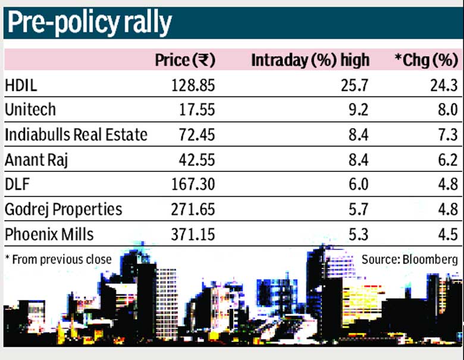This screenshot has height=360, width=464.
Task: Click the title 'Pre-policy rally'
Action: [x=89, y=24]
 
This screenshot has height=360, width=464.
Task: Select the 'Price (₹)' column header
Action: [x=185, y=60]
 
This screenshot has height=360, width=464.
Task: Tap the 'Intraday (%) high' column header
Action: [x=310, y=60]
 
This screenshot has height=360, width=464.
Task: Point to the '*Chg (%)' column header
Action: [x=427, y=60]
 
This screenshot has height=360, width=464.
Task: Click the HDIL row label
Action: [x=21, y=86]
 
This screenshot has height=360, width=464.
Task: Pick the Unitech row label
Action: [x=30, y=109]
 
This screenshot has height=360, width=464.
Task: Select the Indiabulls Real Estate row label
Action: [x=76, y=134]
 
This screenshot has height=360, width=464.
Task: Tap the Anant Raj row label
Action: [x=36, y=160]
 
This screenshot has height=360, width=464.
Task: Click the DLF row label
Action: [x=17, y=184]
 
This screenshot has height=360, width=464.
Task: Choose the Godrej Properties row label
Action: [x=63, y=209]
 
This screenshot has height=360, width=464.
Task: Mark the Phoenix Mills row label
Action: [x=49, y=234]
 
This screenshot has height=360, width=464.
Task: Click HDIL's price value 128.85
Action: [x=193, y=86]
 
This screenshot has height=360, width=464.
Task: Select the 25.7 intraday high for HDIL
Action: [x=355, y=86]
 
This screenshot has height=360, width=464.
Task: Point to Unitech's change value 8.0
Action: [x=448, y=110]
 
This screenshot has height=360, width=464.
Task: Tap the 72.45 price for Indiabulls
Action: [x=197, y=135]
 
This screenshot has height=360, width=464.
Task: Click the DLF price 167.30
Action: [x=193, y=184]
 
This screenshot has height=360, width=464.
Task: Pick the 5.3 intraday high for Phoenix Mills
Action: [x=358, y=234]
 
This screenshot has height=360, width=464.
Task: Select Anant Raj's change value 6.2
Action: [x=448, y=160]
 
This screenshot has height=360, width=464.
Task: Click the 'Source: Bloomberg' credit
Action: [x=409, y=259]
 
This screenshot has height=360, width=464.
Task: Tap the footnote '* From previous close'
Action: [x=58, y=259]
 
